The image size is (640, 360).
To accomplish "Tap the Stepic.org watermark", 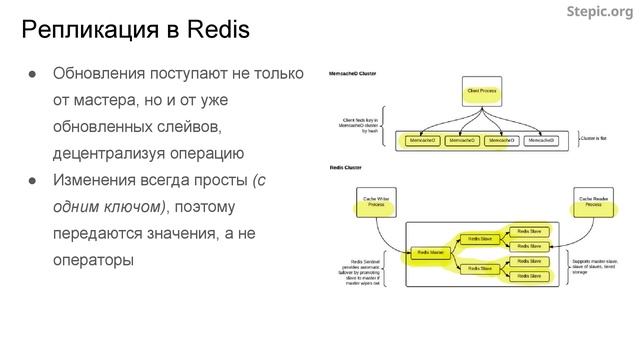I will coord(599,12).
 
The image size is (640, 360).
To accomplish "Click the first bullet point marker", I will coord(32,75).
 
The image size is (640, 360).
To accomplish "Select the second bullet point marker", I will coord(32,182).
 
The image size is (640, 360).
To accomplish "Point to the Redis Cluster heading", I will coord(346,168).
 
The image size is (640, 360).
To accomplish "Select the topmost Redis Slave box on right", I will coord(528,231).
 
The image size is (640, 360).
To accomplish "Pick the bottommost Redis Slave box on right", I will coord(528,275).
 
